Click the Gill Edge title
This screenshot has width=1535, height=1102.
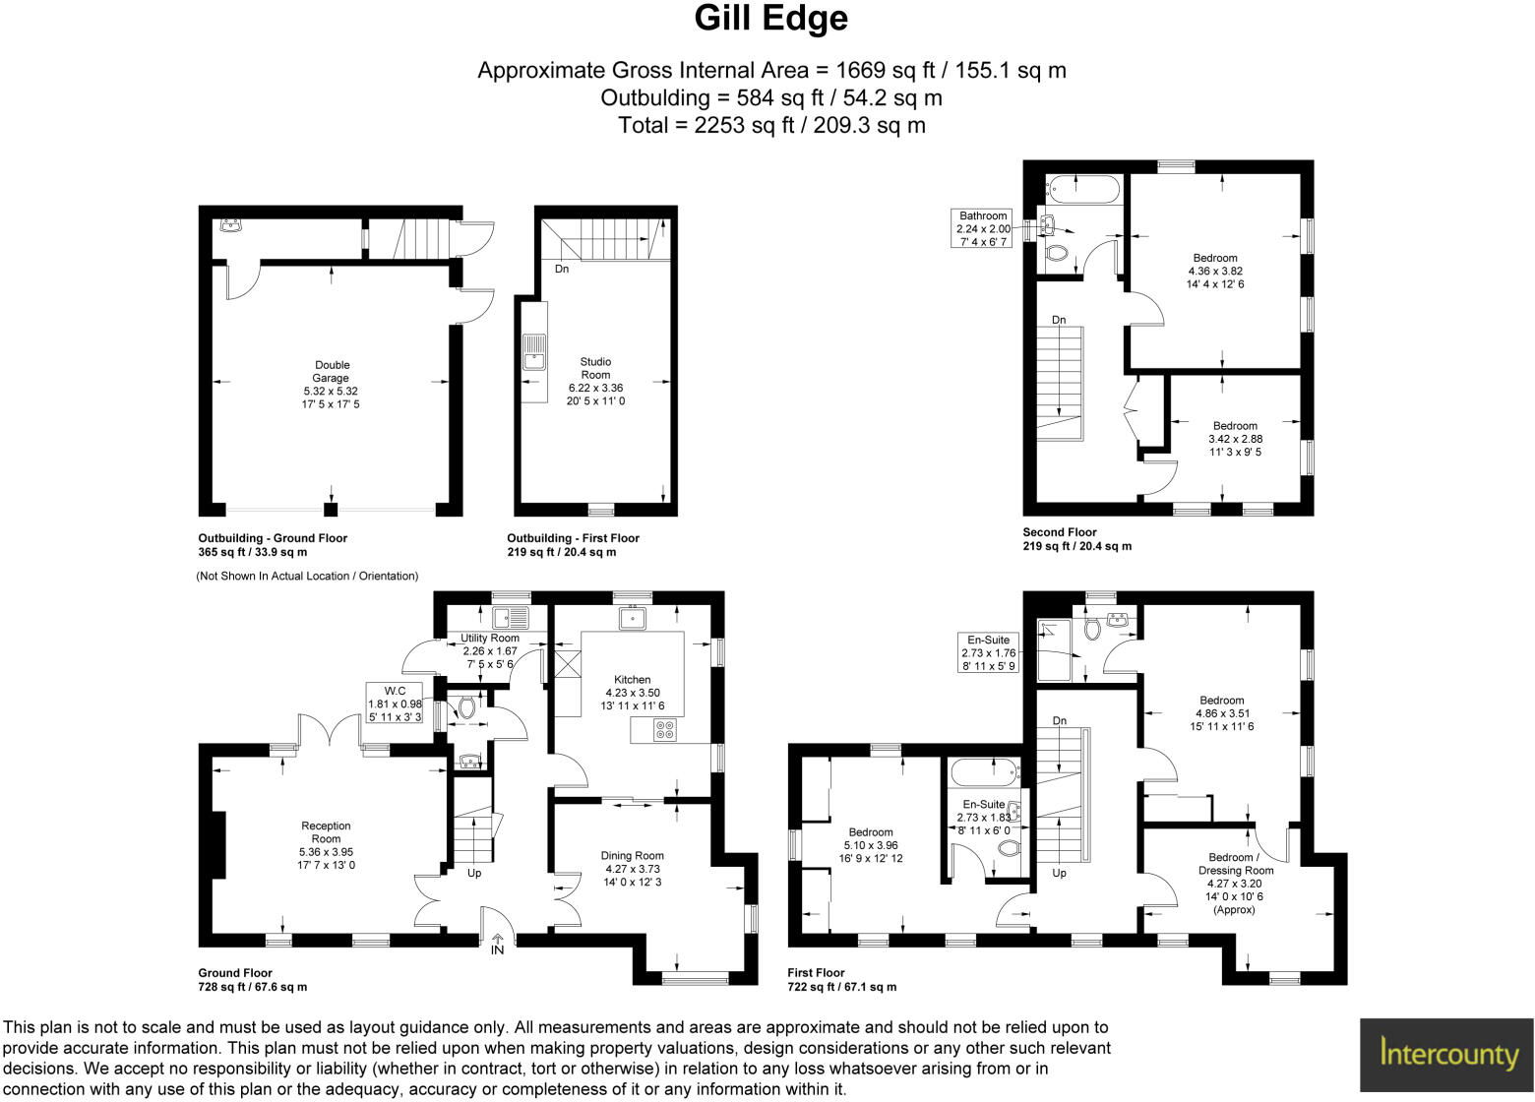coord(770,19)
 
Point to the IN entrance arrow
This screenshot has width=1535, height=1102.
coord(498,944)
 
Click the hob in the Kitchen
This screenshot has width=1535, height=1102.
coord(665,730)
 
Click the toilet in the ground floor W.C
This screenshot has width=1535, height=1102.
coord(465,706)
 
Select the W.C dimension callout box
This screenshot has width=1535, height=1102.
coord(395,704)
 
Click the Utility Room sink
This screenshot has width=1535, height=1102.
coord(511,618)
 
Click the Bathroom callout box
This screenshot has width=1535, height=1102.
coord(983,228)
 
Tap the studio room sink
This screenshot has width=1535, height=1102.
coord(534,351)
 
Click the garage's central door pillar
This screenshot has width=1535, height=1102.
coord(332,509)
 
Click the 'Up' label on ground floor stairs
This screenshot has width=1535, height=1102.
coord(474,873)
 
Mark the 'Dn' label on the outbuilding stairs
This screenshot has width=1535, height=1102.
coord(562,269)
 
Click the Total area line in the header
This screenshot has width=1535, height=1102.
coord(770,125)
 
